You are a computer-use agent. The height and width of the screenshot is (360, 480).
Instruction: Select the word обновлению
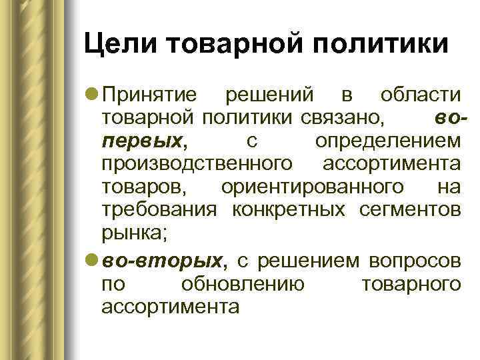point(243,283)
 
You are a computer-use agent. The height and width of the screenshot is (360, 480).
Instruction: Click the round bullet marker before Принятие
point(92,96)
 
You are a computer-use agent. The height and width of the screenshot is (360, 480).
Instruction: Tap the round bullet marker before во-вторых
point(92,259)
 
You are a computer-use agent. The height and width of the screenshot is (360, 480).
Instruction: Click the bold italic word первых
point(141,141)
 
